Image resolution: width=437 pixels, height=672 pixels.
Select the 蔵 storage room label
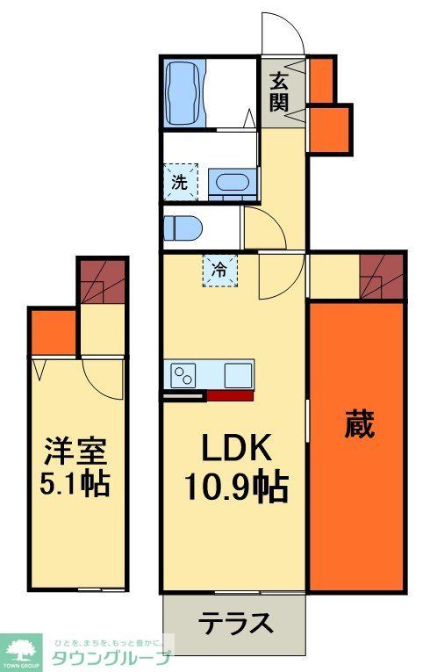point(359,425)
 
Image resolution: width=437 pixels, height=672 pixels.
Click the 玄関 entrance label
point(279,91)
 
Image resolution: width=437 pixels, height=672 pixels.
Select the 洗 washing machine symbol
point(180,183)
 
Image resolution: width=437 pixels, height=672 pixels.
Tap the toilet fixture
point(183,228)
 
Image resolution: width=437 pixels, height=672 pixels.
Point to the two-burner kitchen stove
point(185,375)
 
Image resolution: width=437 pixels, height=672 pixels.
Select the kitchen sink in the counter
point(238,375)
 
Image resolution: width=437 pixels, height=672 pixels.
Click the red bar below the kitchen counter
point(230,395)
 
